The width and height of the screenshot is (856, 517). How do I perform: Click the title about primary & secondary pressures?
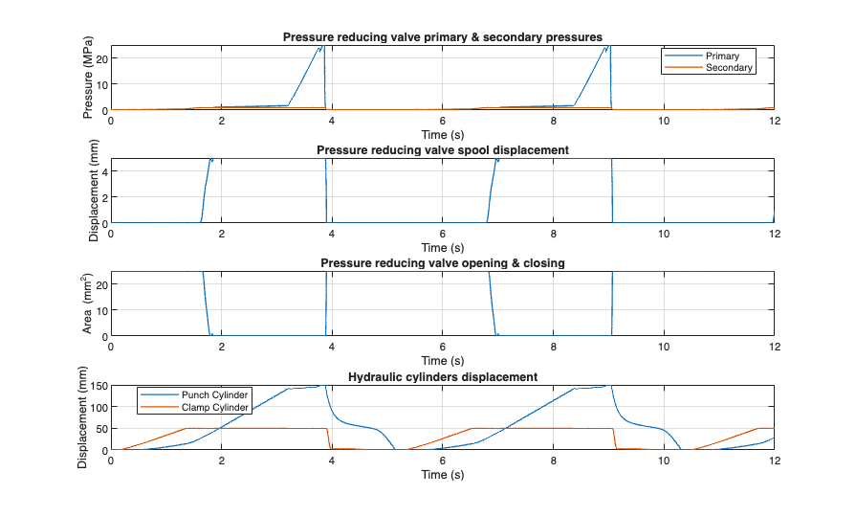442,37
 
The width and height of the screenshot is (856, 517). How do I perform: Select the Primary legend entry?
722,56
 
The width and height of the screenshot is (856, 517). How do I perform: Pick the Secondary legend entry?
729,68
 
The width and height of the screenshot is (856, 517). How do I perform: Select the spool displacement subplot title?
442,150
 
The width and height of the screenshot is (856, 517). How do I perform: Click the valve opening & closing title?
442,263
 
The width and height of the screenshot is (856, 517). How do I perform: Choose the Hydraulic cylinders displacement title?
442,376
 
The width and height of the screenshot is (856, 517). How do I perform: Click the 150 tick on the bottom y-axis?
98,386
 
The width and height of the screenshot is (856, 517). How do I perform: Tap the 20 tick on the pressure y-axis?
100,58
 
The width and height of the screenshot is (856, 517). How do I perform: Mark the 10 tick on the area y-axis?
100,310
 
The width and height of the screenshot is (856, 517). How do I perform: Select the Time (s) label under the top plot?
442,135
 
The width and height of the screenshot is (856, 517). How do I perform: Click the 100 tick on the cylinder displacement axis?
98,407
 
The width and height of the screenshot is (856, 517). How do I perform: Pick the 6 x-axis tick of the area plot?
443,348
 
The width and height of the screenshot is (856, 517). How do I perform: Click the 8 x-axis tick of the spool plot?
553,235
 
